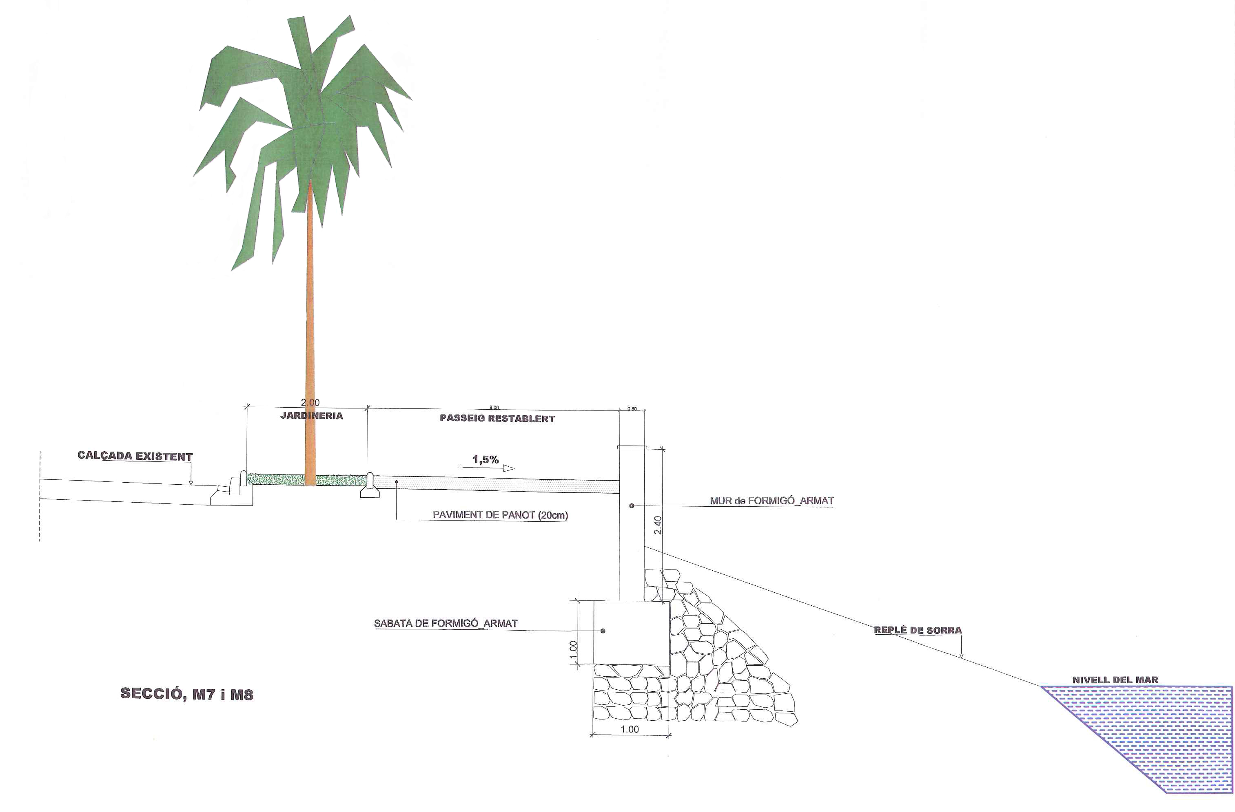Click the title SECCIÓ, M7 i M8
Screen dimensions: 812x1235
pos(186,694)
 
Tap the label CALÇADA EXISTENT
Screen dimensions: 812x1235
pos(135,456)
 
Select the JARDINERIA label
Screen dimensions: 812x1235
pos(311,416)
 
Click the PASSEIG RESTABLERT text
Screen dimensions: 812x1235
pos(497,419)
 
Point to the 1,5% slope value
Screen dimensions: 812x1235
pos(485,459)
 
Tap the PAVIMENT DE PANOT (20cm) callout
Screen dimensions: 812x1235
pos(500,515)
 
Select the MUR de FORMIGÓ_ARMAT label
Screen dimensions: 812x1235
pos(772,501)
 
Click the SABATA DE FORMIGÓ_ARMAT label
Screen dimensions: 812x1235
pos(446,623)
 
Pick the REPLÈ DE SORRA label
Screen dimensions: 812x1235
pos(918,630)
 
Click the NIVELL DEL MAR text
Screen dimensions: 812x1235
pos(1115,680)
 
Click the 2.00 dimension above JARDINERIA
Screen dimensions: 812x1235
pos(310,402)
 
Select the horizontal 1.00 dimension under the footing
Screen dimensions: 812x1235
pos(630,729)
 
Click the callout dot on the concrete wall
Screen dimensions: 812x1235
pos(632,505)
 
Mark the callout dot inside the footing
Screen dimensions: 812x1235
pos(603,631)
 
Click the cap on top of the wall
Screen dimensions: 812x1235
pos(632,447)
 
